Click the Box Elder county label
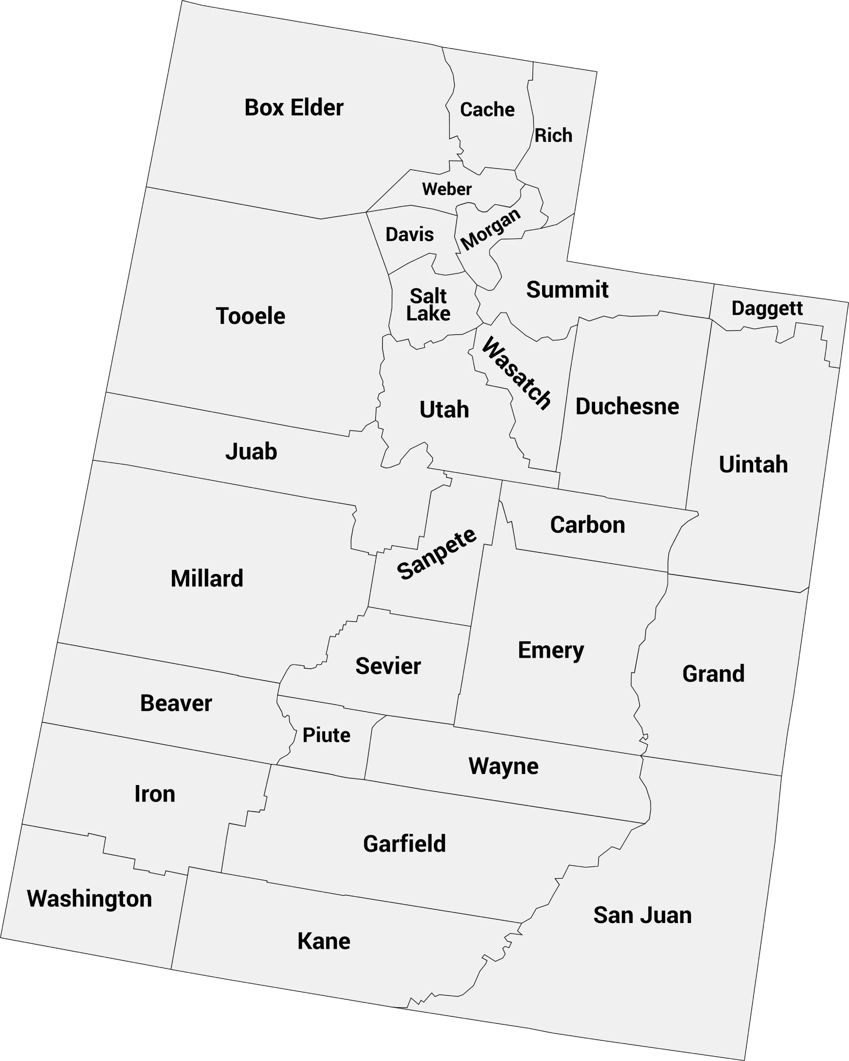(294, 108)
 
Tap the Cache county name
(487, 110)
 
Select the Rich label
(553, 136)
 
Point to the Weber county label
(447, 189)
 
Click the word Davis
(410, 235)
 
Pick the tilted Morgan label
(490, 229)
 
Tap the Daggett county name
(767, 309)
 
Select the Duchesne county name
(627, 406)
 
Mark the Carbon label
(587, 525)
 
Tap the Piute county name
(326, 735)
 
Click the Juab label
(251, 452)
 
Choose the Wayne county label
(503, 766)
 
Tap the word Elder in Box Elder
(317, 108)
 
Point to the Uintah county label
(753, 464)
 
